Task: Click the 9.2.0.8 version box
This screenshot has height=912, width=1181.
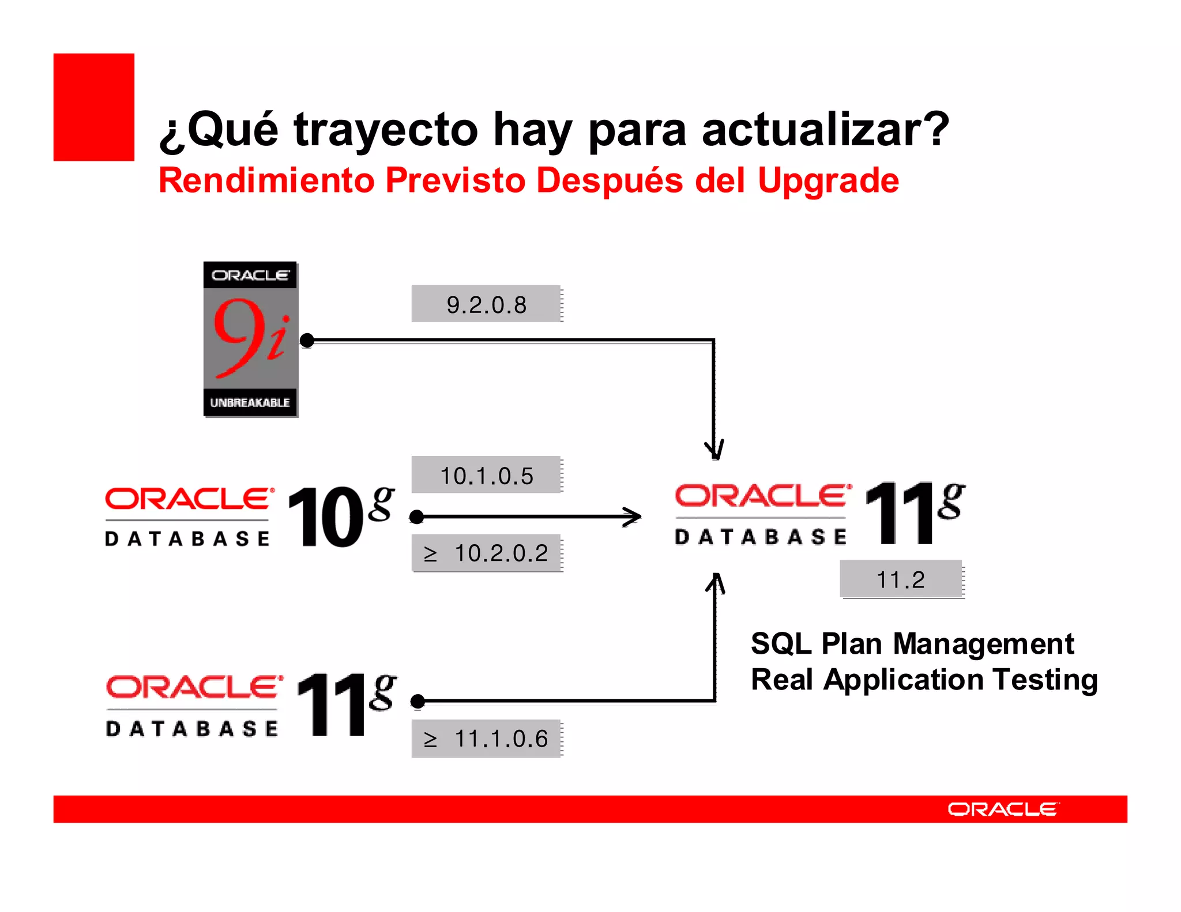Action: click(x=486, y=304)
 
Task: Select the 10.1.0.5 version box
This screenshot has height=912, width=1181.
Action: click(x=486, y=475)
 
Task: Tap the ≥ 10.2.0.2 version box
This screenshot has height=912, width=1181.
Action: click(x=486, y=553)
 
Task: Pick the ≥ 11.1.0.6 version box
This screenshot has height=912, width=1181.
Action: click(x=486, y=738)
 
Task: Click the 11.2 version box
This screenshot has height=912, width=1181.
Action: click(x=901, y=579)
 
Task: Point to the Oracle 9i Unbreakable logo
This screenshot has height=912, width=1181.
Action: click(x=250, y=338)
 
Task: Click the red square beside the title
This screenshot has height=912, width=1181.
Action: click(x=93, y=107)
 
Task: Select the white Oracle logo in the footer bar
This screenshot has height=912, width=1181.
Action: click(x=1002, y=809)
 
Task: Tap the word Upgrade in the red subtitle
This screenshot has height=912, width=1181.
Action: click(x=828, y=181)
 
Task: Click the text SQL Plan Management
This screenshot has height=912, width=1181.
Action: click(x=912, y=644)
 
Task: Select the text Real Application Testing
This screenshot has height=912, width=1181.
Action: click(x=924, y=680)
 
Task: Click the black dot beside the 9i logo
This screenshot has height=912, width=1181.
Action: click(x=307, y=341)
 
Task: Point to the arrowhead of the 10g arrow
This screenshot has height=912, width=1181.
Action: click(x=634, y=517)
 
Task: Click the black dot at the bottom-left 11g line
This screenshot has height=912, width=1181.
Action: click(x=418, y=702)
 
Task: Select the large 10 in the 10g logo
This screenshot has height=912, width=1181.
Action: click(x=325, y=517)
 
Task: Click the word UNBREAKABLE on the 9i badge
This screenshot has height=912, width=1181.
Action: click(x=250, y=402)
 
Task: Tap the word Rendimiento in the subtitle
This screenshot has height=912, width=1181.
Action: click(x=266, y=181)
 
